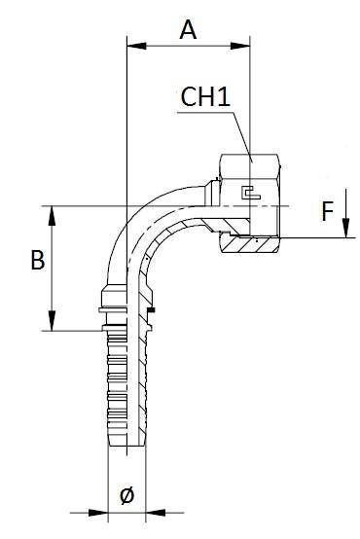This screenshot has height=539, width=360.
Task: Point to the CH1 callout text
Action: coord(205,97)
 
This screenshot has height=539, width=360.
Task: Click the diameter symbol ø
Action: coord(126,495)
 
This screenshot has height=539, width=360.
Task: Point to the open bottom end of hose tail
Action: coord(126,449)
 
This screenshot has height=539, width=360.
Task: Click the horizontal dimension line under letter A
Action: coord(189,44)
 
